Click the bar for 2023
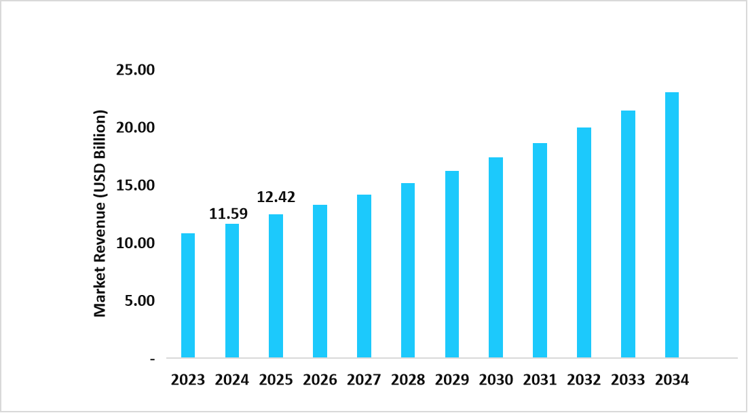point(188,296)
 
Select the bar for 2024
point(232,291)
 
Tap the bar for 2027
point(364,276)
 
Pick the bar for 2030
point(495,258)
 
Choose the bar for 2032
point(584,243)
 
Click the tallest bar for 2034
point(672,225)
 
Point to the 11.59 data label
point(228,214)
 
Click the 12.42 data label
point(275,198)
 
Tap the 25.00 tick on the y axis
point(136,70)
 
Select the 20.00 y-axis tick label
point(136,127)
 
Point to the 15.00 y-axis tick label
point(136,185)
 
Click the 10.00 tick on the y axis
point(136,243)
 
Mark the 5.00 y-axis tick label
point(140,300)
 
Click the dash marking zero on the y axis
point(152,358)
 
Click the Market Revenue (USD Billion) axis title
point(100,213)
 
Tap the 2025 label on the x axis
point(276,380)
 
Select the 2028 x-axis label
point(408,380)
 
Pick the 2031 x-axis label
point(540,380)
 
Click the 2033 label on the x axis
point(628,380)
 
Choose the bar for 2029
point(452,264)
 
